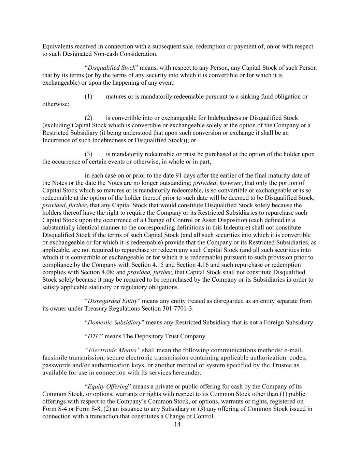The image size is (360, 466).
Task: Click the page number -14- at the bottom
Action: [177, 425]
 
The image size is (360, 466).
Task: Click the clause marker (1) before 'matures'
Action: [88, 97]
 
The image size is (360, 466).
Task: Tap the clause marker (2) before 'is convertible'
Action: [88, 118]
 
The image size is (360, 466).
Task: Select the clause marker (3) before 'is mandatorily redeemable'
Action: [88, 154]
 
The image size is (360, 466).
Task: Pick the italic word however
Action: [230, 183]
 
